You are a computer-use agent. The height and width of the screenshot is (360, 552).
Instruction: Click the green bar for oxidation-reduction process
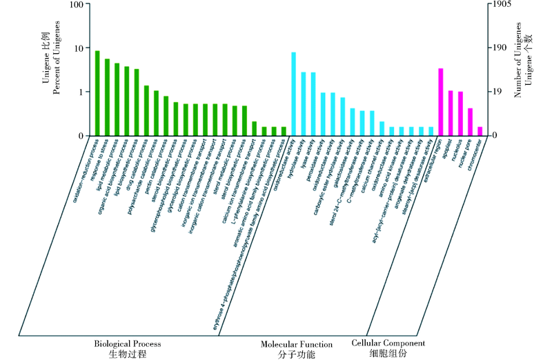97,93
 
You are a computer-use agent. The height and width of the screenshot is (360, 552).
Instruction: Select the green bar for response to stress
107,97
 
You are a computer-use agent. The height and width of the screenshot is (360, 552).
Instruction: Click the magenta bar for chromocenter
480,131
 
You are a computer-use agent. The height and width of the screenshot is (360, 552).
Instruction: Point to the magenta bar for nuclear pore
470,122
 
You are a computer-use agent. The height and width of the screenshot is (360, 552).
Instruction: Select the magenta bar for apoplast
450,113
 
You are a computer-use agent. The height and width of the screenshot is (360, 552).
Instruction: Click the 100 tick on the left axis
78,5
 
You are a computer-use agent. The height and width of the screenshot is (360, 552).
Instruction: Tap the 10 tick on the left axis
81,48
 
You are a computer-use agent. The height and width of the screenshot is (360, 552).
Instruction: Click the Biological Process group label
128,343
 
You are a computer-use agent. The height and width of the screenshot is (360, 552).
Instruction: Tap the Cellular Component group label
388,343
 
